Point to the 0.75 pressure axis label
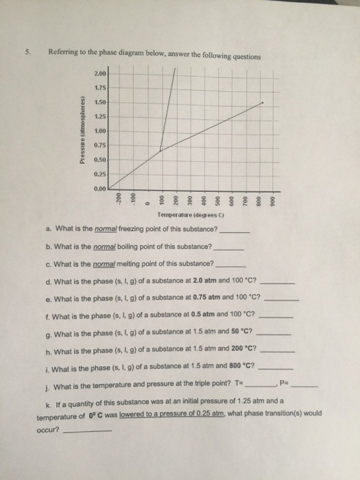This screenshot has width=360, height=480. coord(99,145)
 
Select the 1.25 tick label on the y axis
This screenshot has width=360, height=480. coord(99,117)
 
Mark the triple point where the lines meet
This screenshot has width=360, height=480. coord(160,151)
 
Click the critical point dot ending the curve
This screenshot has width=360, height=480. coord(263,103)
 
